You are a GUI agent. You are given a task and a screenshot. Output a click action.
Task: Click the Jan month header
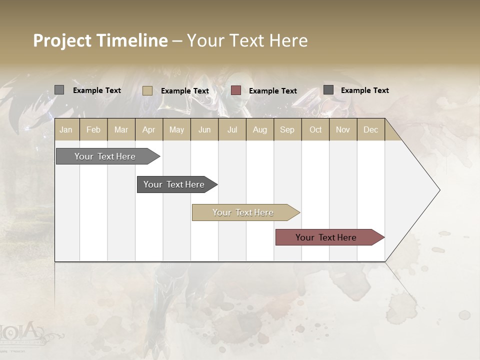[x=66, y=129]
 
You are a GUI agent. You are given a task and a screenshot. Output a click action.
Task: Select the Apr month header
[x=149, y=129]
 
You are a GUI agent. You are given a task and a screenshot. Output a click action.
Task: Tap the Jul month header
[x=232, y=129]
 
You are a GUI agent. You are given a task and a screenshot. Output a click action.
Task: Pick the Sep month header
[x=287, y=129]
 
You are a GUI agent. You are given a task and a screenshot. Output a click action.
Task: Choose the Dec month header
[x=370, y=129]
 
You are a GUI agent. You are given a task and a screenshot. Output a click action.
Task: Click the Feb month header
[x=93, y=129]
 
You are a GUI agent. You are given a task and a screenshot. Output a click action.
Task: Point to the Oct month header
[x=315, y=129]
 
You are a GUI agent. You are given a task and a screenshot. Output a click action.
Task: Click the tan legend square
[x=147, y=90]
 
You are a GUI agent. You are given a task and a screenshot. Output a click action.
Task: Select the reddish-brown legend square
[x=236, y=90]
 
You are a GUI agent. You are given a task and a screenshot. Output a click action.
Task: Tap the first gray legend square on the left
[x=59, y=90]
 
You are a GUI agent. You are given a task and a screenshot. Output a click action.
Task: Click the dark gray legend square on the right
[x=328, y=89]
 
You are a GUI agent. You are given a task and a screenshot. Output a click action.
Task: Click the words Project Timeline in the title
[x=100, y=40]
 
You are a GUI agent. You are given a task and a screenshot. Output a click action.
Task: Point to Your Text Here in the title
[x=247, y=40]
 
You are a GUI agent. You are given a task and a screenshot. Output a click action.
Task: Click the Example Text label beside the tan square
[x=184, y=90]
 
